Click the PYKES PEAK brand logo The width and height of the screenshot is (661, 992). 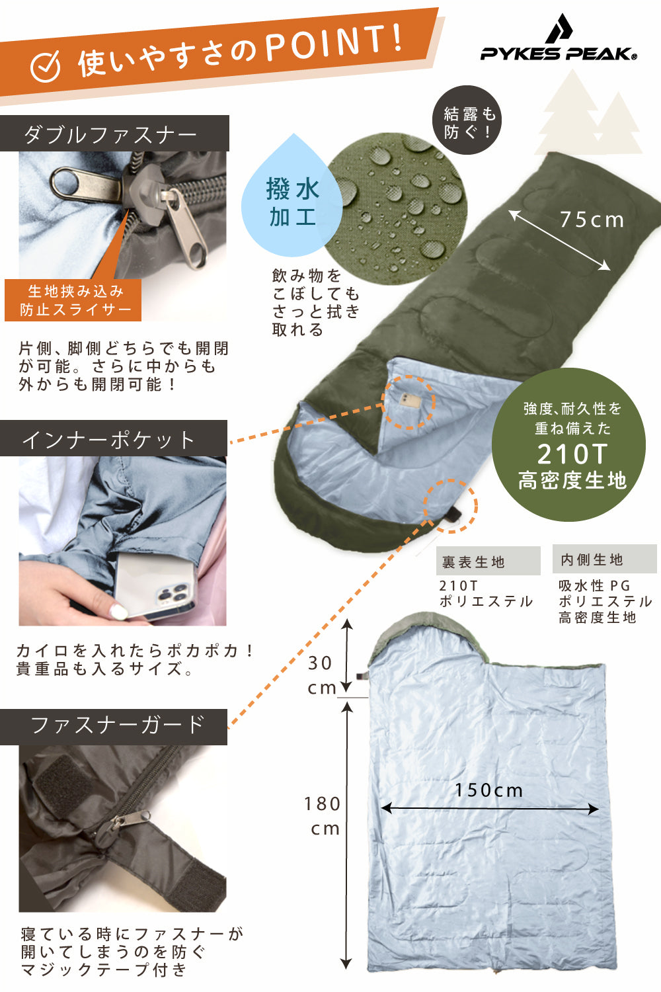point(559,40)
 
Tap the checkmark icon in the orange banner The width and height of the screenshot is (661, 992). point(46,66)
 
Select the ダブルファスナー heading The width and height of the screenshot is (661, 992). point(110,135)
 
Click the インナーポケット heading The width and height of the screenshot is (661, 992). point(109,440)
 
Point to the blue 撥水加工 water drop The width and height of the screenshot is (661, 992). point(293,202)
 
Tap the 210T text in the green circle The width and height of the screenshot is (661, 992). point(571,454)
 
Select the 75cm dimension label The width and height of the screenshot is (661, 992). point(592,220)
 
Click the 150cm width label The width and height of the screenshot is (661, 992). point(488,790)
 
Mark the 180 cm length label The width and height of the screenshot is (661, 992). point(323,816)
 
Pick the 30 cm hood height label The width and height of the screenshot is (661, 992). point(321,675)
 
